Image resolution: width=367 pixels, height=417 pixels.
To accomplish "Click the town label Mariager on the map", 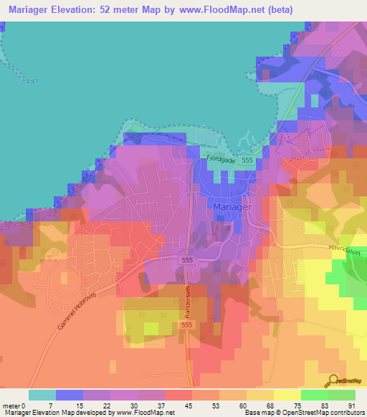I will point(230,206).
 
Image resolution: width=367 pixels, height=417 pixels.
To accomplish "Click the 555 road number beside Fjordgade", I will point(247,161).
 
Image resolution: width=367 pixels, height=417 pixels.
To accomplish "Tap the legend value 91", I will point(351,406).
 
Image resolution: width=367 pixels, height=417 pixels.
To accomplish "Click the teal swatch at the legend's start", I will point(42,395).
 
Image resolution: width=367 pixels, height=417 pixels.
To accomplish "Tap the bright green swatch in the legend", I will point(314,395).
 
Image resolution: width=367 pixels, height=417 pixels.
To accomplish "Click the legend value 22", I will point(106,406).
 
